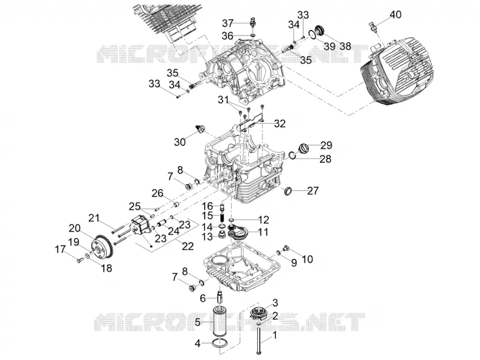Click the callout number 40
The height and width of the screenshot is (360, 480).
click(x=395, y=14)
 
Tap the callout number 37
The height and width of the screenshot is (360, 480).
click(x=228, y=23)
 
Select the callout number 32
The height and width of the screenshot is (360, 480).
click(x=280, y=124)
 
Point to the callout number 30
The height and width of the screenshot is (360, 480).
click(x=180, y=142)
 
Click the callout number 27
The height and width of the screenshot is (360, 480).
click(x=313, y=191)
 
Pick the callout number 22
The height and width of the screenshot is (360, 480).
click(x=188, y=246)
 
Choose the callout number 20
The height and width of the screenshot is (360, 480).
click(x=74, y=229)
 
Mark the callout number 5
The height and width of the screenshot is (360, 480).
click(x=197, y=322)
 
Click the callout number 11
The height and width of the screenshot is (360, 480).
click(x=263, y=232)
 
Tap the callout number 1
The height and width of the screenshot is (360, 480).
click(x=275, y=335)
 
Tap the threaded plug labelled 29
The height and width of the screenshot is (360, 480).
click(x=303, y=149)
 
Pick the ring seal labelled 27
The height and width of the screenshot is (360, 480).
click(x=288, y=191)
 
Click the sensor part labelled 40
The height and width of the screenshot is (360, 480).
click(x=373, y=28)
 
